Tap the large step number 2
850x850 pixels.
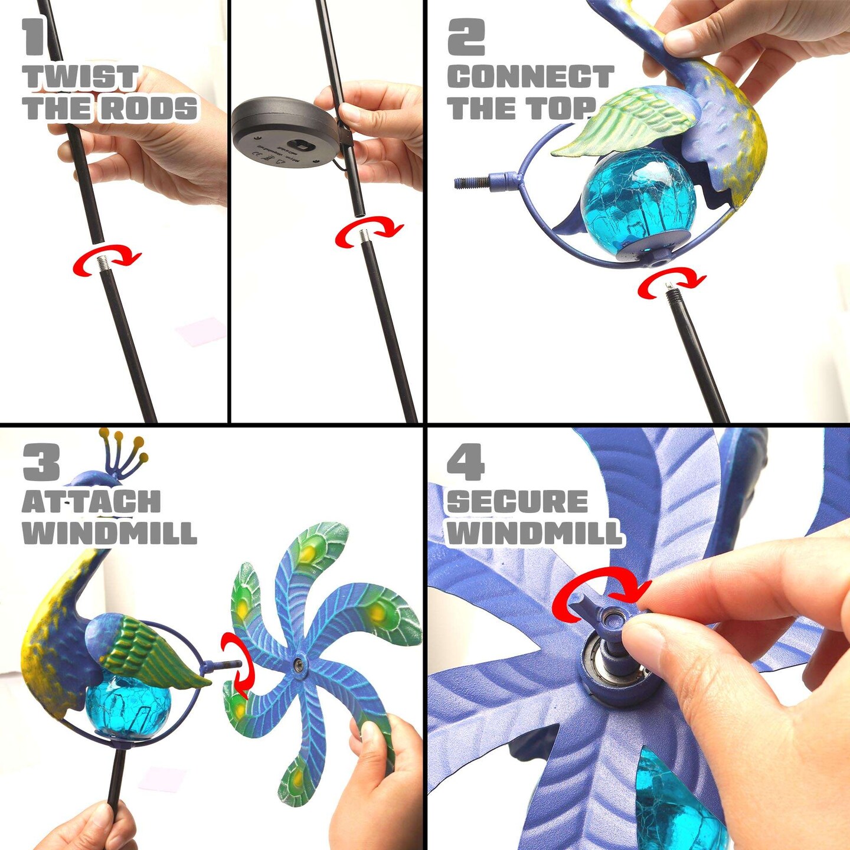[x=466, y=37]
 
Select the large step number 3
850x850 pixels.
[x=41, y=462]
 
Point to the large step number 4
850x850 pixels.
[x=465, y=462]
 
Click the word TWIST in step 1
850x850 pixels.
[x=81, y=77]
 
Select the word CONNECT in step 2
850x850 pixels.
[x=530, y=77]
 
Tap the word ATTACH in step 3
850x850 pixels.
[x=91, y=502]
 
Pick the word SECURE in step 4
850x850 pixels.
[x=517, y=502]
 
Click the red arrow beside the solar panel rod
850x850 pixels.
[x=369, y=233]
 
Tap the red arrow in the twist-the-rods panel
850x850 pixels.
[x=107, y=260]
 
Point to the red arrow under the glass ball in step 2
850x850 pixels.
[x=671, y=281]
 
